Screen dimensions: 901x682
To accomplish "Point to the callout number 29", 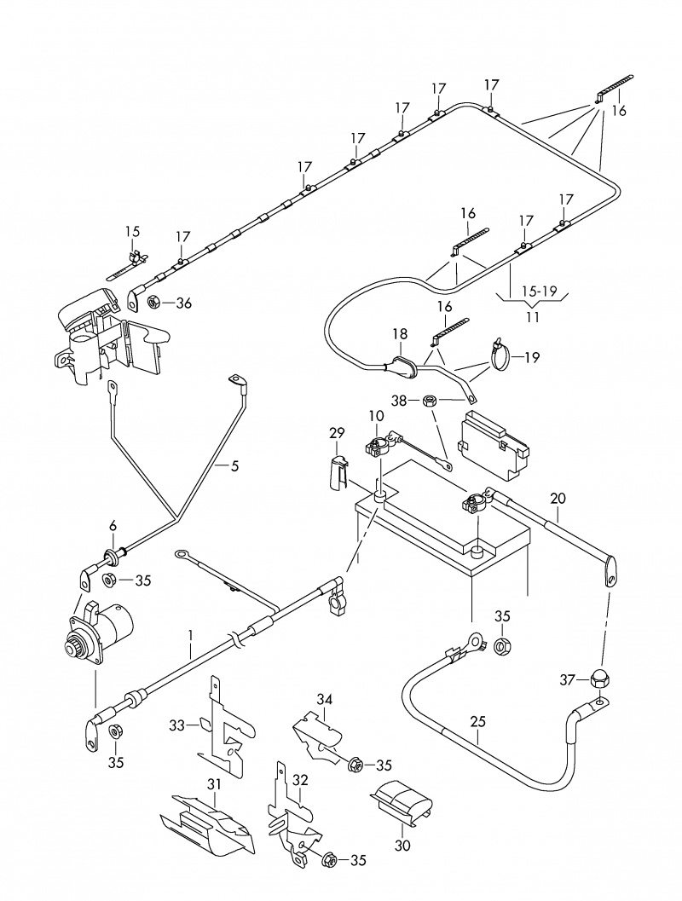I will tap(336, 434).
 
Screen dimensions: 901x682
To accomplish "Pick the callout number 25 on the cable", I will tap(477, 721).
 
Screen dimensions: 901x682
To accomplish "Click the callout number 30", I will tap(402, 846).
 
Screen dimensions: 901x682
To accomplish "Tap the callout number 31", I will tap(214, 785).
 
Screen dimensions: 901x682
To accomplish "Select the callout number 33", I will tap(176, 725).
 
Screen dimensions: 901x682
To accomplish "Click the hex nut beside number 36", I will tap(155, 302).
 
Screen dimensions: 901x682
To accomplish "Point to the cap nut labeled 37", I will tap(597, 679).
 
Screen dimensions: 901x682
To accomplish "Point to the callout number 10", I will tap(375, 415).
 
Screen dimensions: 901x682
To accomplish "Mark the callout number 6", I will tap(112, 526).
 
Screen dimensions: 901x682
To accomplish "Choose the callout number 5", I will tap(234, 465).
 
